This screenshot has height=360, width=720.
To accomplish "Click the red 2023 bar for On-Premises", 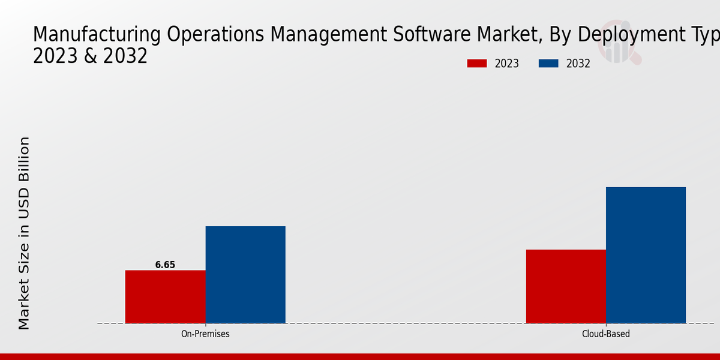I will click(x=165, y=296).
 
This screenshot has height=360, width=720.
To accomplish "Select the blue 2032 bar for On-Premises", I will click(x=245, y=275).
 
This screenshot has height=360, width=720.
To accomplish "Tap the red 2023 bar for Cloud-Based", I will click(x=566, y=286).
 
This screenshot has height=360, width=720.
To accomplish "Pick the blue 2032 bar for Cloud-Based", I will click(x=646, y=255).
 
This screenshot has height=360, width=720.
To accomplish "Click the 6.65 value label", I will click(x=165, y=265).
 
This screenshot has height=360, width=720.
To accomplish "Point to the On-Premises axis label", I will click(x=205, y=334).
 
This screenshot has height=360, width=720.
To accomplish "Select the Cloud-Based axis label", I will click(x=606, y=334).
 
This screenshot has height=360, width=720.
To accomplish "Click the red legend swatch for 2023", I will click(x=477, y=64).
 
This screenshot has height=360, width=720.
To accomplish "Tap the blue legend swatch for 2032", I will click(x=548, y=64).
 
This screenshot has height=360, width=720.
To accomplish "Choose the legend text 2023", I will click(x=507, y=64).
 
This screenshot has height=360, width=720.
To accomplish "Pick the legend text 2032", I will click(x=578, y=64).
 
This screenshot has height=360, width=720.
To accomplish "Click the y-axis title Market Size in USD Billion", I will click(x=24, y=233).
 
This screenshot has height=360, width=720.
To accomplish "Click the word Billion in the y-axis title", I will click(x=24, y=161).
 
